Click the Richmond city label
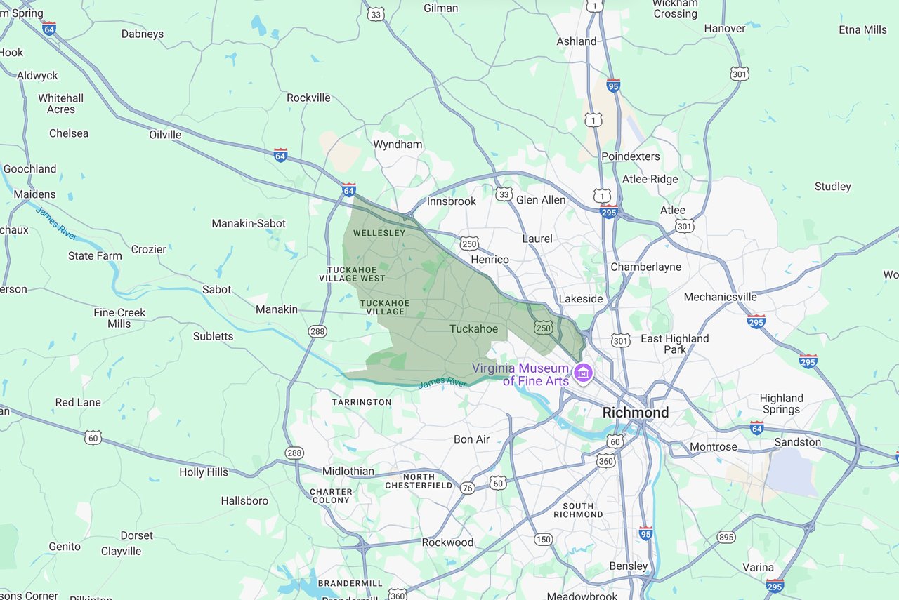635,413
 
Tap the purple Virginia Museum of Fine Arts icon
582,373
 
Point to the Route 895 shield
726,537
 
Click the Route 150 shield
542,539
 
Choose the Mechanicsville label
720,297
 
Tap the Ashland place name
576,41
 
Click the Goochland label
29,169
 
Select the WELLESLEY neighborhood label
379,233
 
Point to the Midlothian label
348,471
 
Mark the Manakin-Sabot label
249,224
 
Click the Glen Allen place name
541,200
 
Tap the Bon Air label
471,439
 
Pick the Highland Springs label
781,404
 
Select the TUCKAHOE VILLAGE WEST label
356,274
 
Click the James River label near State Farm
56,222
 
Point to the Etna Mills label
862,29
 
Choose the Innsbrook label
452,201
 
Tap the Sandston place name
797,442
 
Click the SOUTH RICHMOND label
578,510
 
